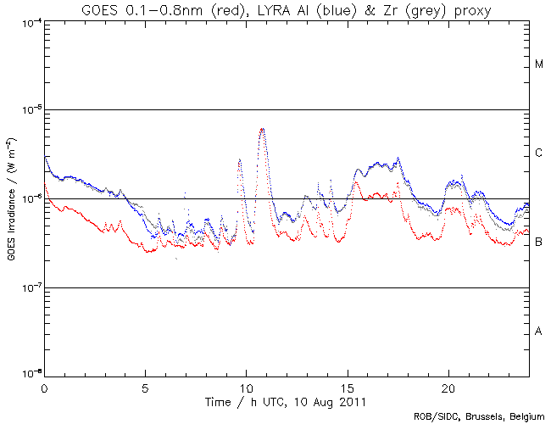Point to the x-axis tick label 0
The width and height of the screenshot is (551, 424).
[44, 387]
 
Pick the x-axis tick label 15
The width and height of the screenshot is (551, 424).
[348, 387]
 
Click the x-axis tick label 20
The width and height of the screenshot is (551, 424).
[448, 387]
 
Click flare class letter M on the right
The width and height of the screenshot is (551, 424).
[538, 64]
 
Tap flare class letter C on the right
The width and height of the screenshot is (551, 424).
[538, 153]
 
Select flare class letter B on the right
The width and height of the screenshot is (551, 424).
[538, 243]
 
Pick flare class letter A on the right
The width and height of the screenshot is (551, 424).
[538, 331]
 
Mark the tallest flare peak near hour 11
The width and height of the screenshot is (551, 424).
[263, 129]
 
